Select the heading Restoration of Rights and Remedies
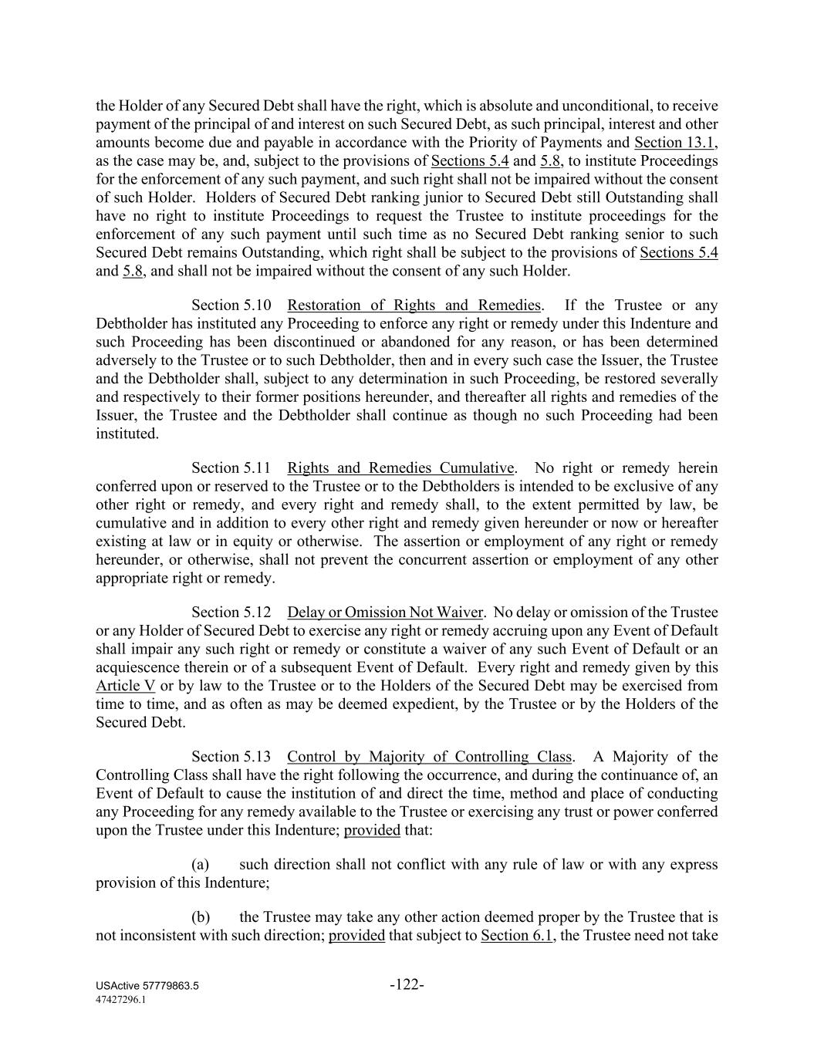click(x=414, y=305)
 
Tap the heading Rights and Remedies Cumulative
click(x=400, y=468)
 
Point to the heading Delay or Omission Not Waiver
click(x=385, y=613)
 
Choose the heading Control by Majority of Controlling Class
click(x=429, y=757)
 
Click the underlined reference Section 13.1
click(x=674, y=143)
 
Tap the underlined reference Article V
click(x=125, y=686)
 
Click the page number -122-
click(x=407, y=984)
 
